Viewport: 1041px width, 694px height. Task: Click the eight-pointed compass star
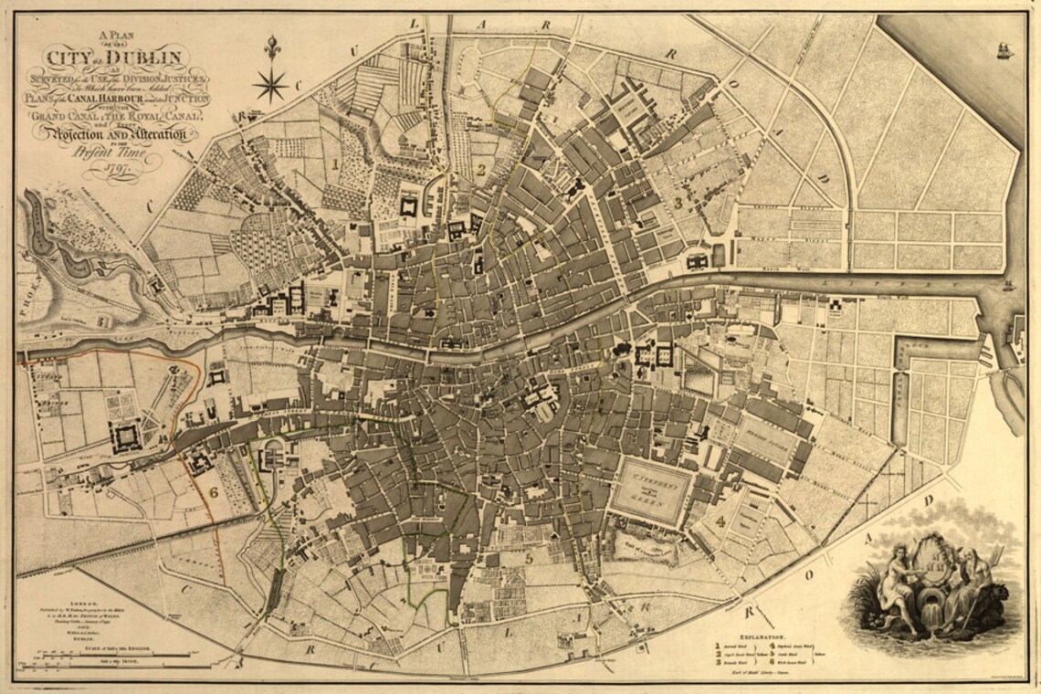point(270,86)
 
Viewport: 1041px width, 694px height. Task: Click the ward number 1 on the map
point(335,164)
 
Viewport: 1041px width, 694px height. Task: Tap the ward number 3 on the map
point(678,202)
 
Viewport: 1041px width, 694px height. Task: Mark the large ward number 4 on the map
point(720,522)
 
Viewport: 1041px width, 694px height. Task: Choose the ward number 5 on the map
point(528,557)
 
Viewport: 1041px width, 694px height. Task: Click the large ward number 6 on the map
point(213,492)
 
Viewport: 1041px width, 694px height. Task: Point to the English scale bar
point(114,652)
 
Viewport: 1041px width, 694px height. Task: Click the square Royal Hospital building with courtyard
point(125,436)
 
